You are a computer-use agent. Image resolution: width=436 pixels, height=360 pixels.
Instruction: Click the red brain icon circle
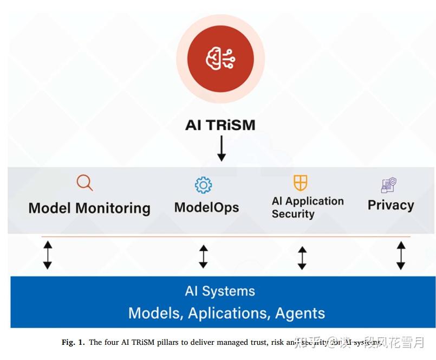[220, 59]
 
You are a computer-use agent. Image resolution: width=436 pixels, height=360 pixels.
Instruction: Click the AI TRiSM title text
[220, 125]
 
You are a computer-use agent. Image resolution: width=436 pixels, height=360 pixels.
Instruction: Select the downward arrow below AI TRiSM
[221, 149]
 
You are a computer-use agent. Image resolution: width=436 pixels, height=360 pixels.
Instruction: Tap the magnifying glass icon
[84, 183]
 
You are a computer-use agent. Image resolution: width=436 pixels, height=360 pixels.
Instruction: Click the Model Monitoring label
[89, 208]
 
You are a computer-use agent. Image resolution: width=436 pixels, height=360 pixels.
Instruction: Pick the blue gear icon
[203, 185]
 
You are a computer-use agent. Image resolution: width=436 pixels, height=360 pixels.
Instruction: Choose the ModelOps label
[206, 207]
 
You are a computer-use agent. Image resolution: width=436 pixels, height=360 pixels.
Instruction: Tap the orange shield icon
[300, 182]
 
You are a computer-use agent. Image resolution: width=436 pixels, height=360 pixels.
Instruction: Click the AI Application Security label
[308, 207]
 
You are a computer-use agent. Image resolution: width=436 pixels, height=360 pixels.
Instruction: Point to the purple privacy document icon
[388, 185]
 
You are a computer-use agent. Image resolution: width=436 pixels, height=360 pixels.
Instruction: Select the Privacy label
[391, 205]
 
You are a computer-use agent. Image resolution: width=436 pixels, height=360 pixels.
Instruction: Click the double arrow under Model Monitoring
[48, 255]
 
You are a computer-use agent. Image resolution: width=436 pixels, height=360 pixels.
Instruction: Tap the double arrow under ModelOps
[203, 256]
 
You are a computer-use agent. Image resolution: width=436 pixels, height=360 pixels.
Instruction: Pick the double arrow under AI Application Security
[302, 258]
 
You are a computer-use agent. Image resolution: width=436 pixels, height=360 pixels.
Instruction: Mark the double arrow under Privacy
[400, 255]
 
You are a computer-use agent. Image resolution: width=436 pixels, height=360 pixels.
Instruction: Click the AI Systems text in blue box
[220, 291]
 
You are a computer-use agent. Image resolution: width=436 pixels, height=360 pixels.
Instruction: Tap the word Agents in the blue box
[300, 313]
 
